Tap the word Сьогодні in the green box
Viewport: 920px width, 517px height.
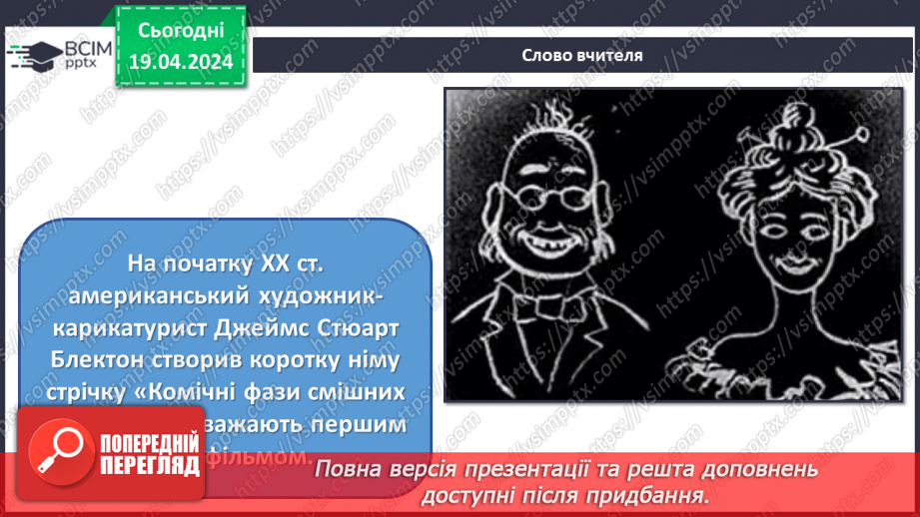[x=180, y=33]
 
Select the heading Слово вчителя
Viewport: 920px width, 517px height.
[x=580, y=56]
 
